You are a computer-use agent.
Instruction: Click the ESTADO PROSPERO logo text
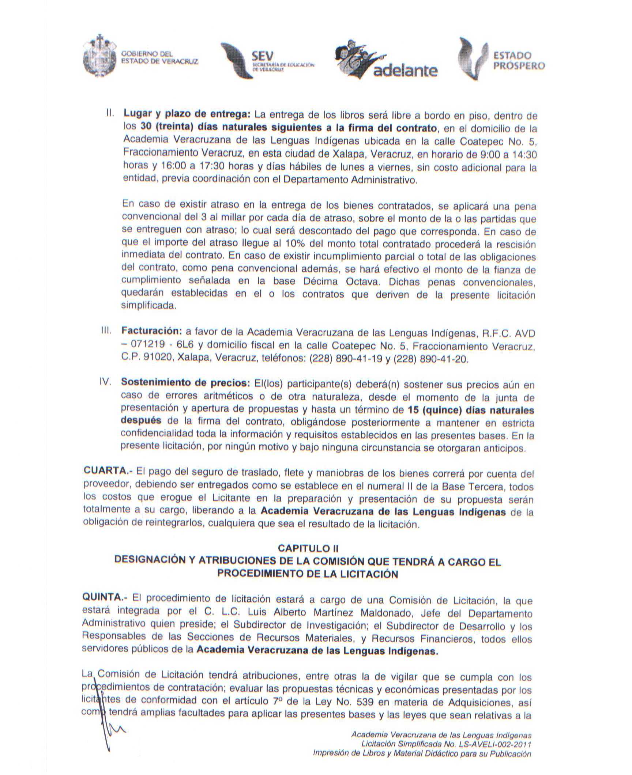[x=518, y=61]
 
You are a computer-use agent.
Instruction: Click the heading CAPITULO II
[x=308, y=548]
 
